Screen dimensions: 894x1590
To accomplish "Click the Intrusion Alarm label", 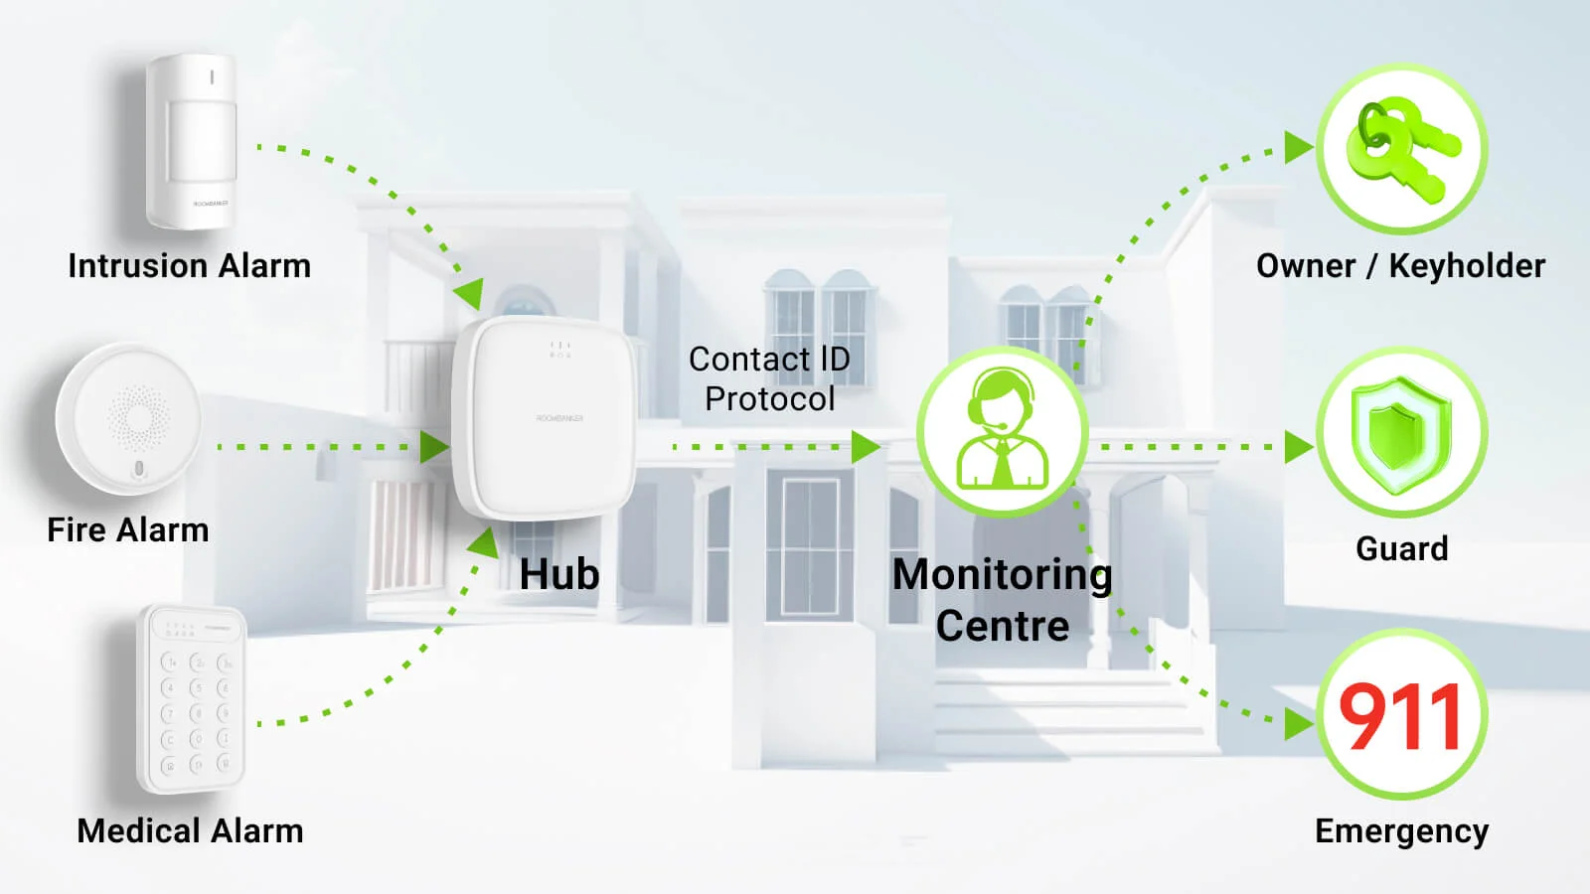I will pyautogui.click(x=189, y=266).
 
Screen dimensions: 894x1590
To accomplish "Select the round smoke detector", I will pyautogui.click(x=129, y=419).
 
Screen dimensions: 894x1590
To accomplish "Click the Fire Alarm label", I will pyautogui.click(x=128, y=530).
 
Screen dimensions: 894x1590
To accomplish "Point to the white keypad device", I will pyautogui.click(x=192, y=698).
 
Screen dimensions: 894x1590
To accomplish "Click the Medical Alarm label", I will pyautogui.click(x=190, y=830).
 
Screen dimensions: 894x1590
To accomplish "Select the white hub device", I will pyautogui.click(x=545, y=417).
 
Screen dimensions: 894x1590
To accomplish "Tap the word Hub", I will pyautogui.click(x=559, y=574).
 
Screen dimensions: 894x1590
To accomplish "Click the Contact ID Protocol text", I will pyautogui.click(x=769, y=378).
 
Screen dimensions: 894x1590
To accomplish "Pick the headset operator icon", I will pyautogui.click(x=1002, y=431).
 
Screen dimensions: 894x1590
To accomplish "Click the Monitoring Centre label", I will pyautogui.click(x=1002, y=600).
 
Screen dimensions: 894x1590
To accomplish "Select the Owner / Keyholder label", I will pyautogui.click(x=1400, y=266).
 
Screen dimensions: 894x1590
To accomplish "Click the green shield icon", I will pyautogui.click(x=1401, y=432).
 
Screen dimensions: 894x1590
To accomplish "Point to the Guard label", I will pyautogui.click(x=1401, y=548).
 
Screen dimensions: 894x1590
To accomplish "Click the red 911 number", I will pyautogui.click(x=1401, y=717).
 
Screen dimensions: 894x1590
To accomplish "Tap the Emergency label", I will pyautogui.click(x=1401, y=830).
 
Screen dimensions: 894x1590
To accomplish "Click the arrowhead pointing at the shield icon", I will pyautogui.click(x=1298, y=447).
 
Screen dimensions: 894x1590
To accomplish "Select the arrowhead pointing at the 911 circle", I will pyautogui.click(x=1298, y=723).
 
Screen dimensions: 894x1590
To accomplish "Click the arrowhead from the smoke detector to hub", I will pyautogui.click(x=434, y=447).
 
